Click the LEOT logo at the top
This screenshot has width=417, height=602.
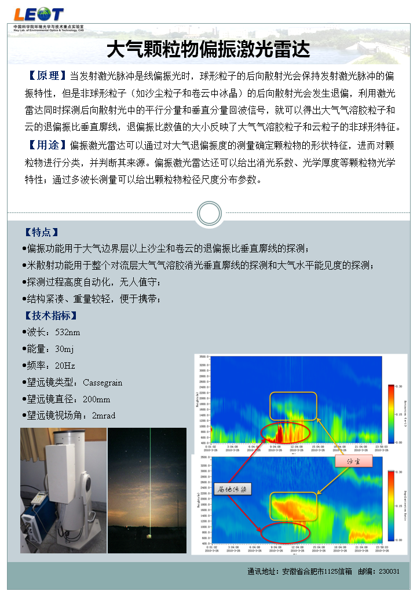coord(38,14)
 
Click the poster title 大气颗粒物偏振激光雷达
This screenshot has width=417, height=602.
coord(209,49)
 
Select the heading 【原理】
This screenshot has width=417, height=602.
coord(44,76)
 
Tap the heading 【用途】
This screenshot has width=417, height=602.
coord(44,144)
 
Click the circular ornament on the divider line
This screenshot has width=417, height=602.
coord(209,213)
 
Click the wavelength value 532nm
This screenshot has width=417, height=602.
coord(68,332)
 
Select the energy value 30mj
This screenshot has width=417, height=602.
coord(65,349)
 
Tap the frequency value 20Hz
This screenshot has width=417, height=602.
coord(65,366)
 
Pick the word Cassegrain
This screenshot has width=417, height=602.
coord(103,383)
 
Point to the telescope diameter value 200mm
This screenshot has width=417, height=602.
coord(97,399)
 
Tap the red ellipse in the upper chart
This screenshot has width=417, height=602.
coord(285,432)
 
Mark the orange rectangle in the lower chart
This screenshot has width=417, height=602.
coord(294,506)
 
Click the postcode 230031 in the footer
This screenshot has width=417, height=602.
coord(389,571)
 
